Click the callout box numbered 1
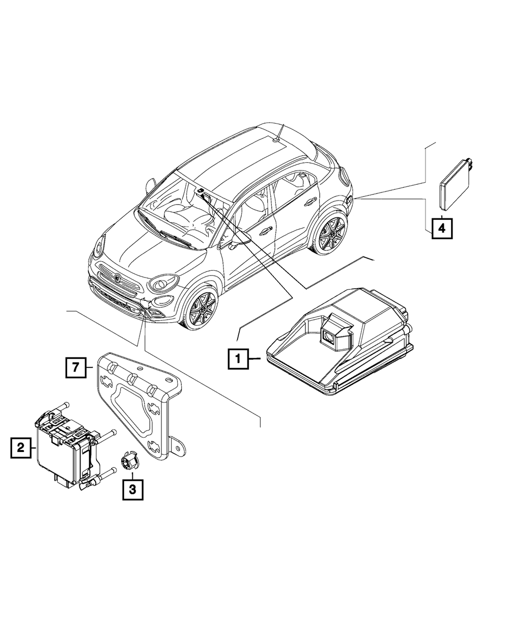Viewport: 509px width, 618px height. pyautogui.click(x=238, y=359)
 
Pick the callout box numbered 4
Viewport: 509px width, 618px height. pyautogui.click(x=442, y=229)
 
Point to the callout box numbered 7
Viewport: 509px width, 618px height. pyautogui.click(x=76, y=368)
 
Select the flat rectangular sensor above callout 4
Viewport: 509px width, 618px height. pyautogui.click(x=456, y=184)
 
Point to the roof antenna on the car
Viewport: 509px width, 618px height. pyautogui.click(x=280, y=132)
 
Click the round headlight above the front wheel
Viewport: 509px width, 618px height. pyautogui.click(x=162, y=283)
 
